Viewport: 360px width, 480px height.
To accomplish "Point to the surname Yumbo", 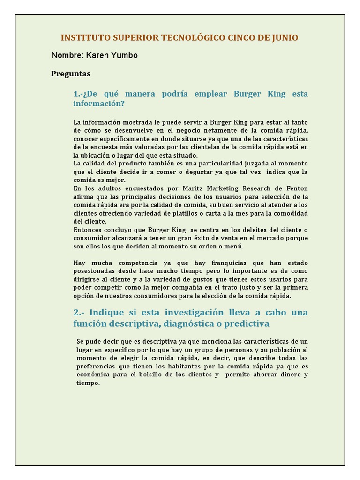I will pos(124,55).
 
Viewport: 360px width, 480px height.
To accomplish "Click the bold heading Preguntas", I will pos(71,74).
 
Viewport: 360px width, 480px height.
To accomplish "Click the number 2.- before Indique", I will pos(79,313).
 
